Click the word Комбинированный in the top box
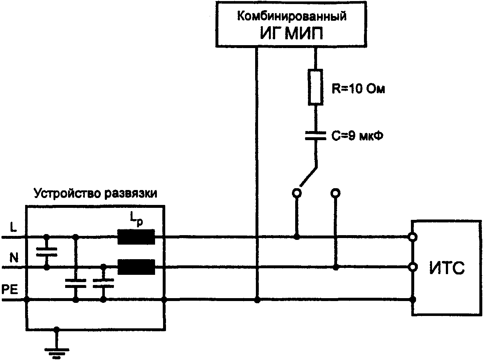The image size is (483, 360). click(x=292, y=16)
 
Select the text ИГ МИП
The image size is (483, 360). click(x=291, y=33)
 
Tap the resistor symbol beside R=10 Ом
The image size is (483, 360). click(x=315, y=87)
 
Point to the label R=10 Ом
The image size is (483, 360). click(x=358, y=89)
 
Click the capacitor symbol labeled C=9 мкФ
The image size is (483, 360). click(x=315, y=135)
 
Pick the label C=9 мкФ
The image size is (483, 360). click(x=357, y=136)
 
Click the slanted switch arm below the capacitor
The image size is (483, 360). click(x=309, y=176)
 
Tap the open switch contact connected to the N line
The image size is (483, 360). click(x=335, y=193)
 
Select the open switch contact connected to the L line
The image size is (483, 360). click(x=297, y=193)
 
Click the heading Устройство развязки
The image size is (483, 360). click(x=95, y=194)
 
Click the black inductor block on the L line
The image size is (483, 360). click(x=136, y=237)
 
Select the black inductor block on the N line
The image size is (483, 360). click(x=136, y=267)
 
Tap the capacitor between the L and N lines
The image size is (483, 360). click(x=47, y=252)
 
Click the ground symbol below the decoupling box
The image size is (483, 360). click(x=57, y=351)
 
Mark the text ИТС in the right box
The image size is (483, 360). click(x=447, y=268)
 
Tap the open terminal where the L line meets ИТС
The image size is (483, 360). click(x=412, y=237)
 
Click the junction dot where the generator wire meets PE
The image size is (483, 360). click(x=257, y=300)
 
